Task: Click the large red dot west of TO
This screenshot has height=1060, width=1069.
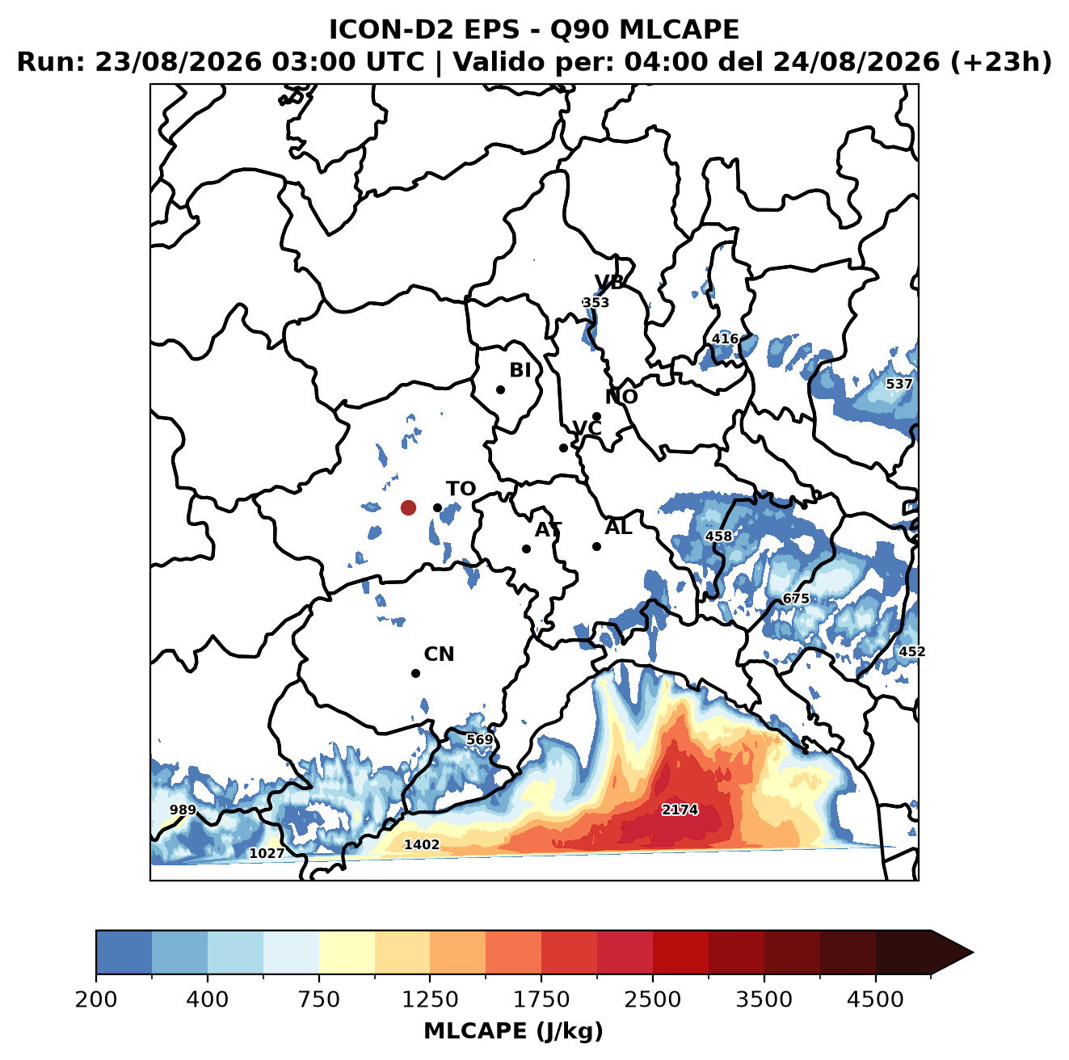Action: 408,507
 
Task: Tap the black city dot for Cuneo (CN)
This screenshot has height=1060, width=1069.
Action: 415,673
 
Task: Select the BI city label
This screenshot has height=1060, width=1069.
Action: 520,370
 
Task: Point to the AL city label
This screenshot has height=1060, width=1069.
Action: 618,527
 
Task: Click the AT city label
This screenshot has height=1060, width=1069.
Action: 548,530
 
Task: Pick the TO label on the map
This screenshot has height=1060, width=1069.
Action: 461,489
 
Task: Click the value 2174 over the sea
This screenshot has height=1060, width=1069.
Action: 680,810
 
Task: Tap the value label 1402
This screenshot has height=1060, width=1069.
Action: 421,844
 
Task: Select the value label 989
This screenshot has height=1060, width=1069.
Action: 183,810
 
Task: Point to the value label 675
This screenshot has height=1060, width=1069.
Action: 796,598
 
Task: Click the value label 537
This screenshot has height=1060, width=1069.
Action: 899,383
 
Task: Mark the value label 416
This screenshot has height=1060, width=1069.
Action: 725,339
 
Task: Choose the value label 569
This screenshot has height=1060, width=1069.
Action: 479,739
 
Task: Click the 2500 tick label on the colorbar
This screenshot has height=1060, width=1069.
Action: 652,999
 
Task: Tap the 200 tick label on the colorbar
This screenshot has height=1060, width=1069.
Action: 96,999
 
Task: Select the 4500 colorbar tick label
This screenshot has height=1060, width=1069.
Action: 875,999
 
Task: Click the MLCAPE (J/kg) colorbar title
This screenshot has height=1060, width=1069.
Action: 513,1031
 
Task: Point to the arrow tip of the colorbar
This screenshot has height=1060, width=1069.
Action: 973,953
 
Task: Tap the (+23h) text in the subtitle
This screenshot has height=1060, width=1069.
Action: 1001,62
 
